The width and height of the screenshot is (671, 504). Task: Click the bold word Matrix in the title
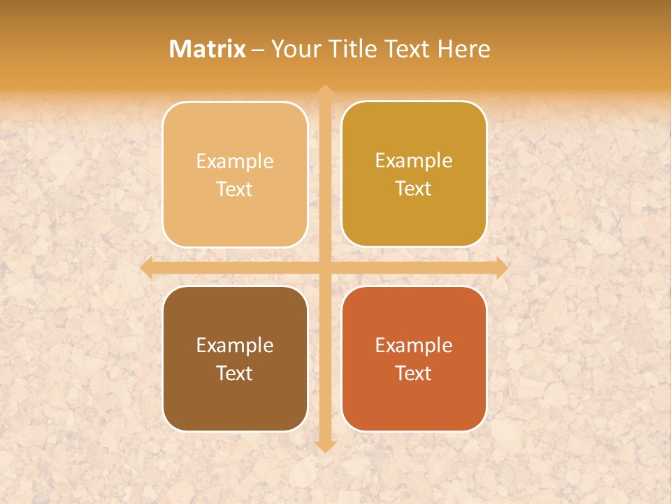(x=208, y=49)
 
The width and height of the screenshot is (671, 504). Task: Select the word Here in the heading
(x=463, y=49)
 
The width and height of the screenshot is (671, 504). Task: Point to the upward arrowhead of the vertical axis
(x=324, y=91)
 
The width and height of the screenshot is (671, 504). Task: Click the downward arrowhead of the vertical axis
(x=324, y=446)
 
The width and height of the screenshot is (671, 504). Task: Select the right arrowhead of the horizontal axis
(x=501, y=268)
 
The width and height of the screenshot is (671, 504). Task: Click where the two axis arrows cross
(x=324, y=268)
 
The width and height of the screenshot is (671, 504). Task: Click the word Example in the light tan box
(x=235, y=162)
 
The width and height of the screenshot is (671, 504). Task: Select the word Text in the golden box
(x=414, y=189)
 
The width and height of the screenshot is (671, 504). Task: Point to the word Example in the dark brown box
(x=235, y=346)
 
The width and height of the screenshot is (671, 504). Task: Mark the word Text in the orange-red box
(x=414, y=373)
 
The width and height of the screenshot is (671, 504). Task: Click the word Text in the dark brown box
(x=235, y=373)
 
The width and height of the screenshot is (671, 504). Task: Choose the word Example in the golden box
(x=414, y=161)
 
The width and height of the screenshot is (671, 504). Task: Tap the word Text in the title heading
(x=408, y=49)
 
